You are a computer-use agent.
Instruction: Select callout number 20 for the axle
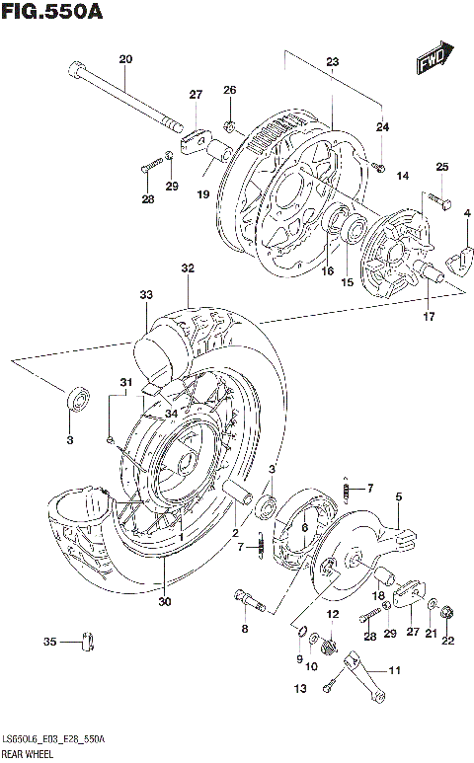coord(125,59)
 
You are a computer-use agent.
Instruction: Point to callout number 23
coord(332,62)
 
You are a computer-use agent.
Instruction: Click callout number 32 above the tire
coord(188,268)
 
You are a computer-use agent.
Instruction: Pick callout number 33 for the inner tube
coord(146,295)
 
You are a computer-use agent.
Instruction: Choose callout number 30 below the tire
coord(164,602)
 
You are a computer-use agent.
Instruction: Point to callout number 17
coord(428,317)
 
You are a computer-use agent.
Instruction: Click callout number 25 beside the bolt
coord(441,167)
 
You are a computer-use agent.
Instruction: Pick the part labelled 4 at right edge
coord(457,257)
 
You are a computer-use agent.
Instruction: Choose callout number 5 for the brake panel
coord(398,498)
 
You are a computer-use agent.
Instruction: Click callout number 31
coord(125,383)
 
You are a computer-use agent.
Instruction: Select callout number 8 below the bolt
coord(243,628)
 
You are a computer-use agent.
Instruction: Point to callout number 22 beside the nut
coord(447,643)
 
